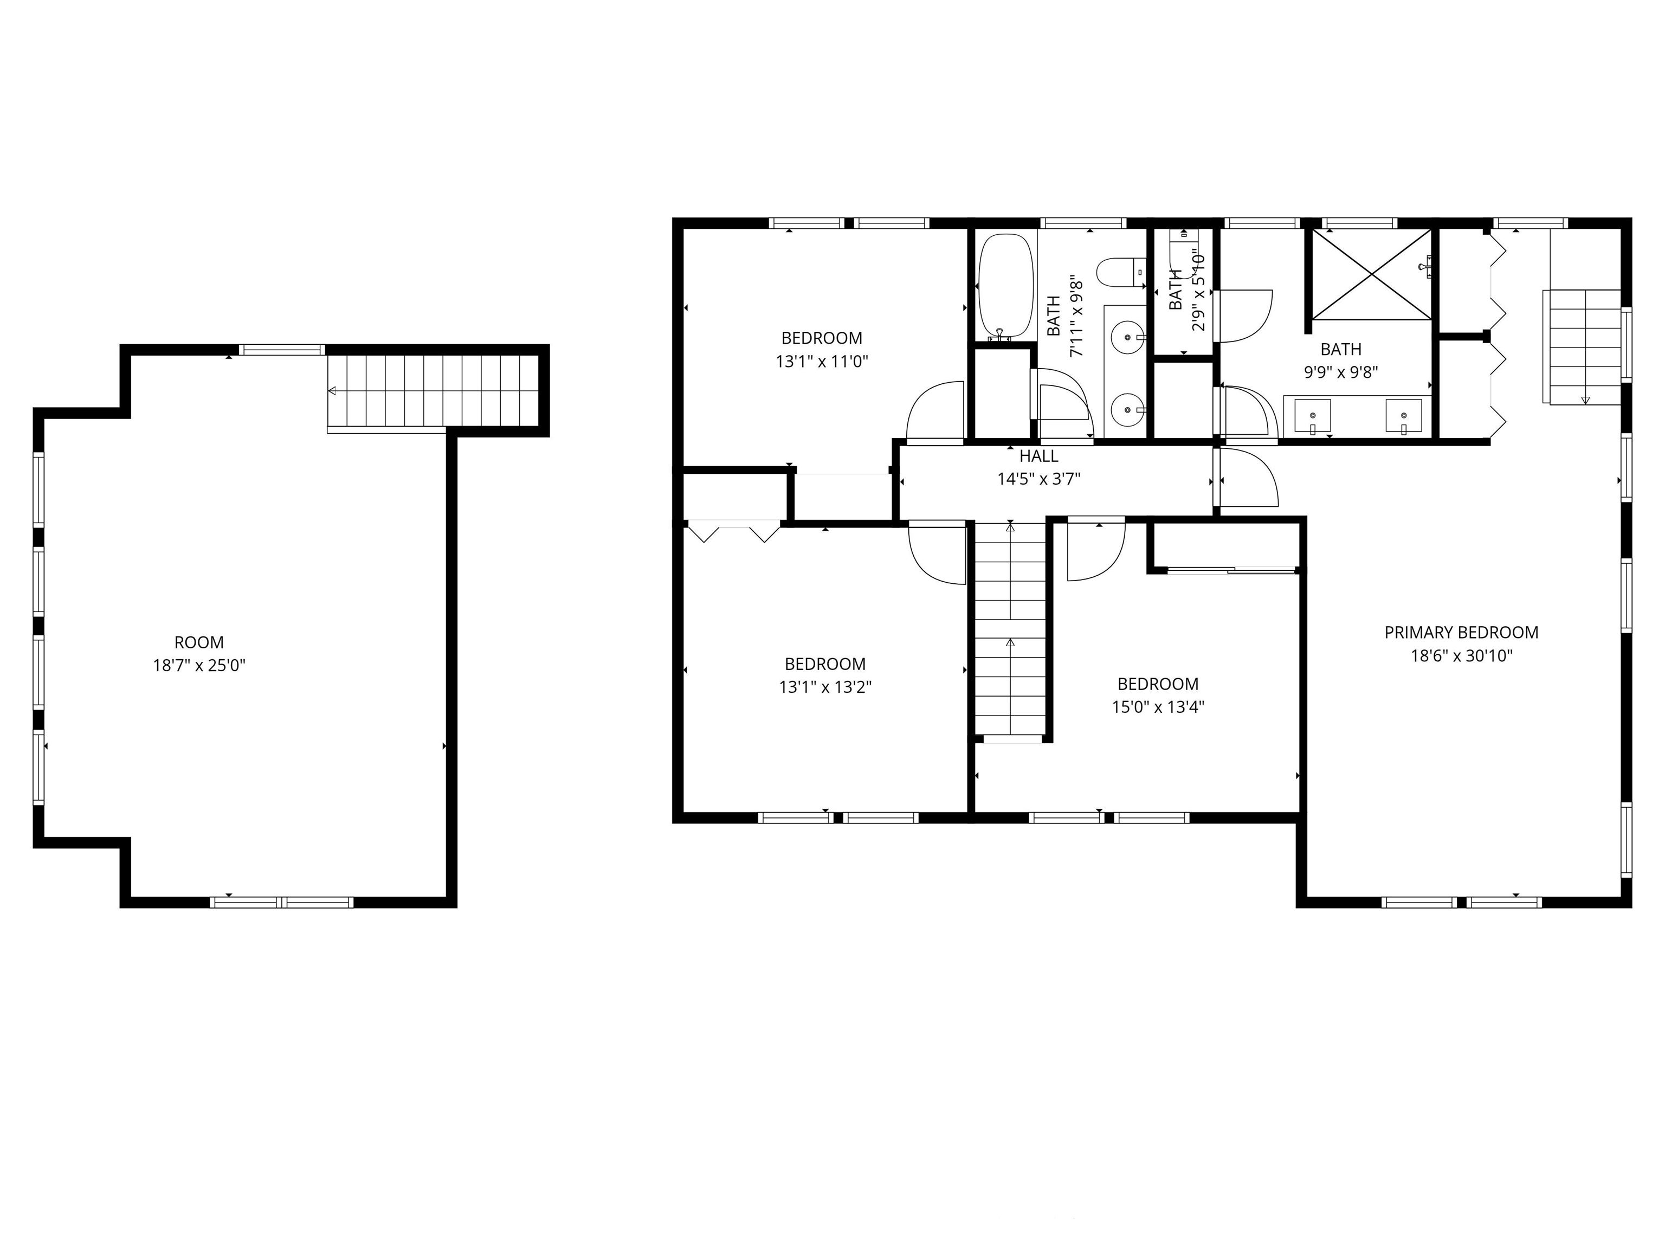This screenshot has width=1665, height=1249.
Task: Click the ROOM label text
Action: [x=199, y=642]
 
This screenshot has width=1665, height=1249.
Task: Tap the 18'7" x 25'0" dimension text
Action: [x=199, y=666]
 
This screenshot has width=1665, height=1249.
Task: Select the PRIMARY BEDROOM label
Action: [x=1461, y=633]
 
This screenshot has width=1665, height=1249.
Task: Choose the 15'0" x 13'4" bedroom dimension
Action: [x=1158, y=707]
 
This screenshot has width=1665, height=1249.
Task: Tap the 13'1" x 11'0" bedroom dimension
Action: [x=822, y=362]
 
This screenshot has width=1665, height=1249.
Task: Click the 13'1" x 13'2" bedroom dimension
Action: [x=825, y=687]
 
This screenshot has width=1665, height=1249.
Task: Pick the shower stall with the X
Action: [x=1371, y=274]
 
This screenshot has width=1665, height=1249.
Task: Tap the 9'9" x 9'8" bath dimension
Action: [x=1340, y=372]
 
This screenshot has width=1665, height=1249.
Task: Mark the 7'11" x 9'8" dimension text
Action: [x=1076, y=316]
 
